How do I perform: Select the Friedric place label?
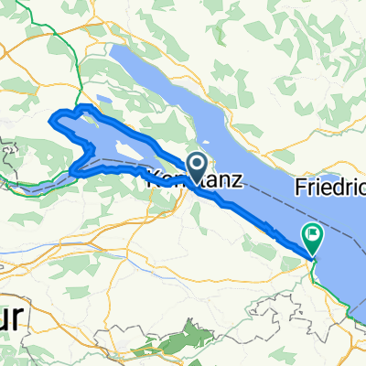pos(330,188)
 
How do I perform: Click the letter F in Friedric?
pos(302,188)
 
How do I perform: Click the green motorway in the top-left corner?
pos(50,37)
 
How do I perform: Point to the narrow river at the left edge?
pos(37,187)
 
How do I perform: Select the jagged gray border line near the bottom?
pos(274,339)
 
